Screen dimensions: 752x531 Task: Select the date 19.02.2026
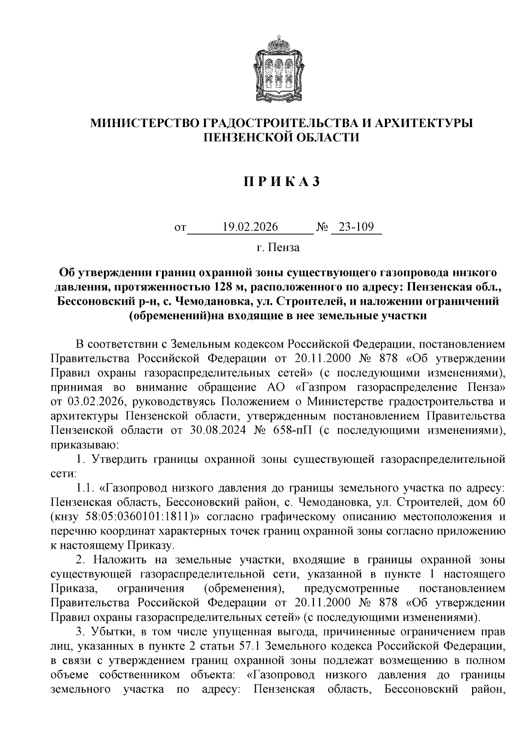(x=250, y=227)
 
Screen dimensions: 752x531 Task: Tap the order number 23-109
(x=356, y=227)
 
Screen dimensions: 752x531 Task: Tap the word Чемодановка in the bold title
(x=210, y=301)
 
